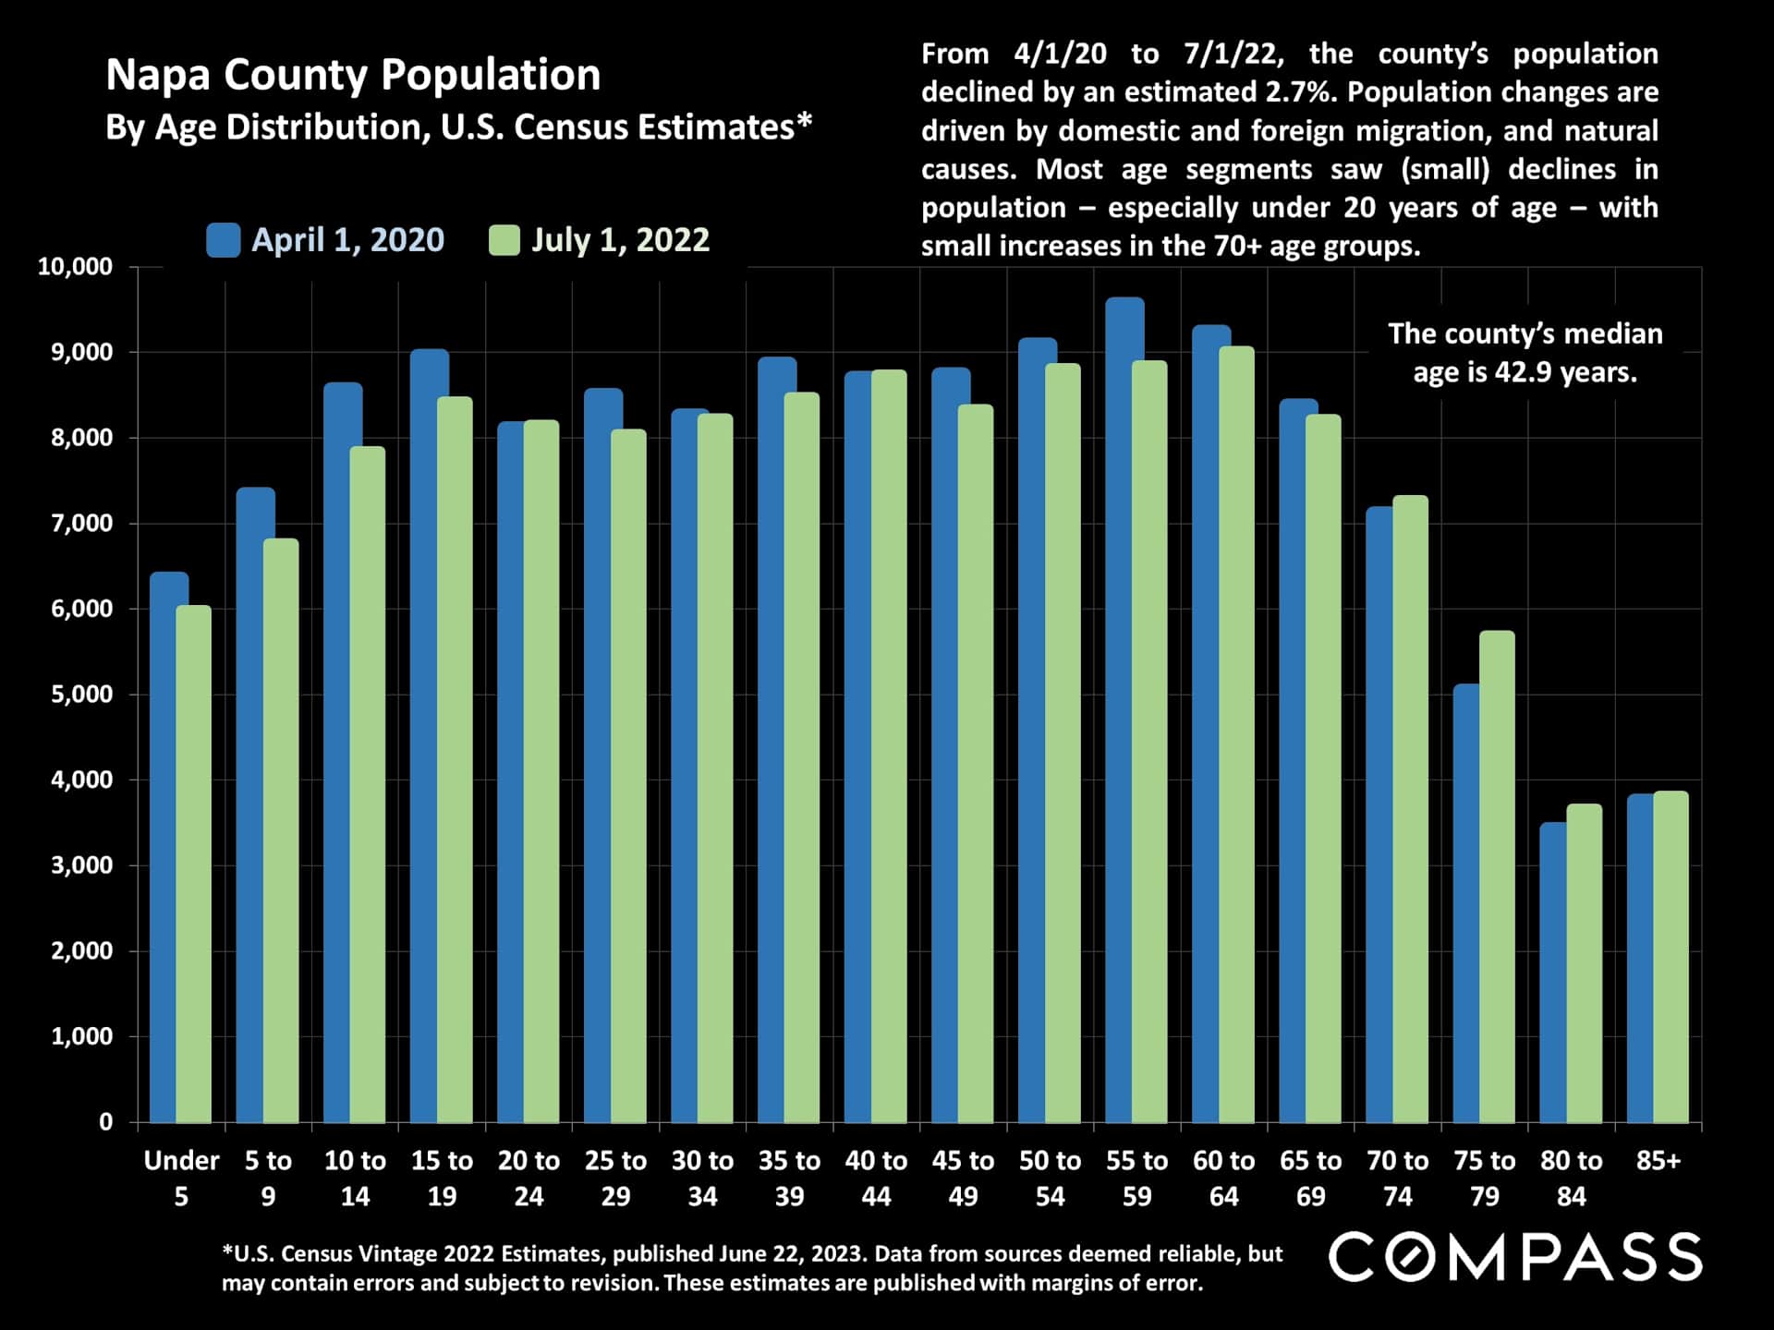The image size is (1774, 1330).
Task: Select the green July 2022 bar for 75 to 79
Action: (1497, 877)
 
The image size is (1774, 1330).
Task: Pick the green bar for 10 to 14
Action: (368, 785)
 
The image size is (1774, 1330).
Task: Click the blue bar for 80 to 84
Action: (1552, 970)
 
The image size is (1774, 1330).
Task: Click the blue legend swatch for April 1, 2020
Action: (224, 240)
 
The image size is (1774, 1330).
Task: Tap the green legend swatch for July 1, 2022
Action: (504, 240)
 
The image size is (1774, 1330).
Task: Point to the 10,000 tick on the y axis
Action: (75, 267)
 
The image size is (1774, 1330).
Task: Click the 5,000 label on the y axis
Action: (81, 695)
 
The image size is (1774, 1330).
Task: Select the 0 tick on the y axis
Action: (105, 1122)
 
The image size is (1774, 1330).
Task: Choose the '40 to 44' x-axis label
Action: (876, 1178)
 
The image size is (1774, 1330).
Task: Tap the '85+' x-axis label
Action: (1658, 1161)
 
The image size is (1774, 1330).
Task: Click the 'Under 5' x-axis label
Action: (181, 1178)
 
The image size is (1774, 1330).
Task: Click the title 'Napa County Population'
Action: (353, 75)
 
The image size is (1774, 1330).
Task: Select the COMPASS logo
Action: (1515, 1257)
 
